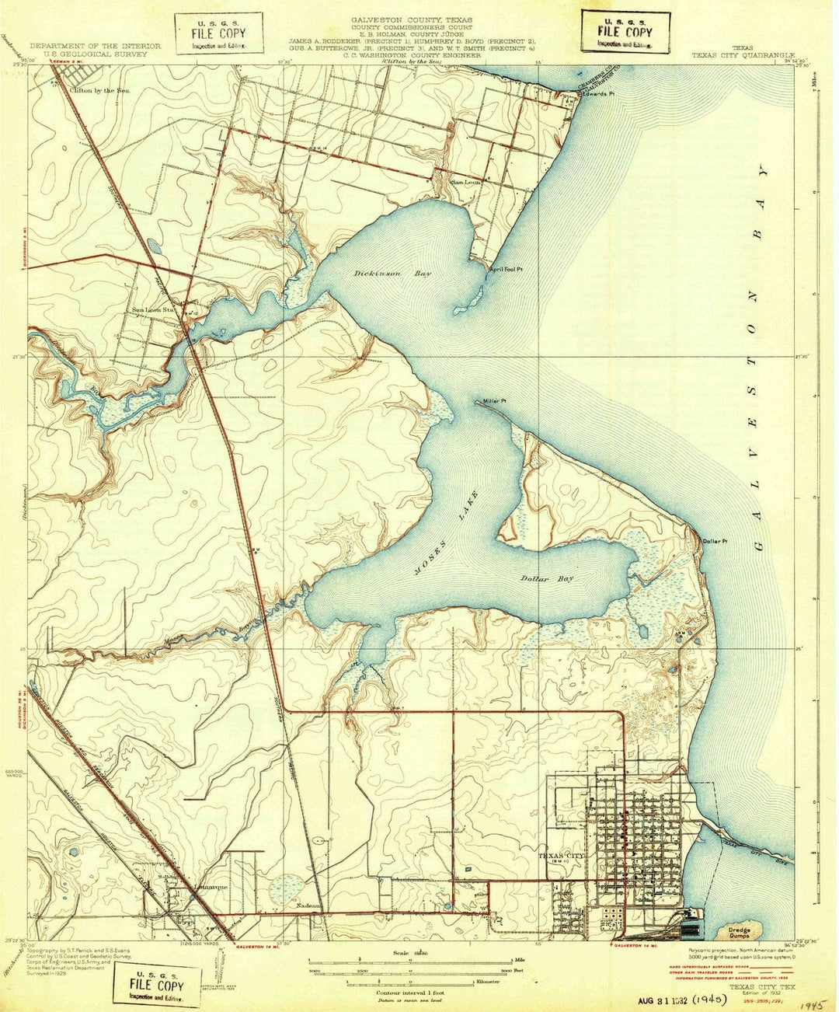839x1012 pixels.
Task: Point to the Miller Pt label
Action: pyautogui.click(x=494, y=402)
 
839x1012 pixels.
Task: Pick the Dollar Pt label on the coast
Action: pyautogui.click(x=714, y=541)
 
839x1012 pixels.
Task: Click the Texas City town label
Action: pyautogui.click(x=561, y=855)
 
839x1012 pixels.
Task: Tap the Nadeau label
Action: pyautogui.click(x=308, y=906)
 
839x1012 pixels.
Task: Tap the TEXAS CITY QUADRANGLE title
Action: pyautogui.click(x=743, y=56)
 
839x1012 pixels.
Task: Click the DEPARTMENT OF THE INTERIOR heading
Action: pyautogui.click(x=96, y=46)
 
